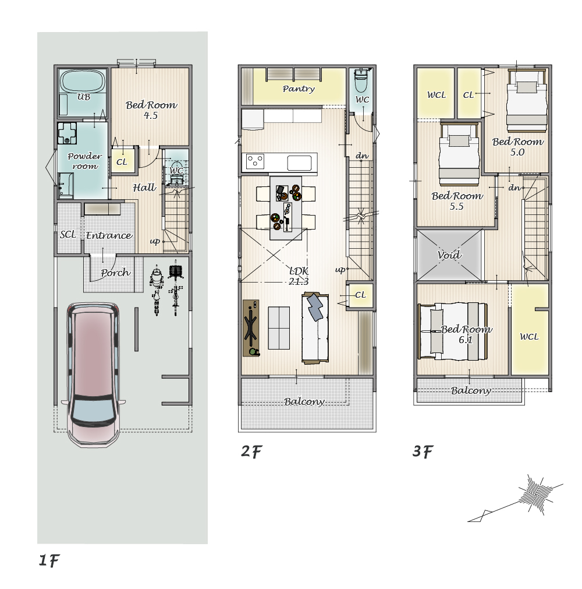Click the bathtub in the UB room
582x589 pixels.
[x=83, y=81]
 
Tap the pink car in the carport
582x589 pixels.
[x=94, y=375]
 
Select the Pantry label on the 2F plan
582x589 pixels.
[x=299, y=89]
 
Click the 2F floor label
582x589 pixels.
[x=251, y=451]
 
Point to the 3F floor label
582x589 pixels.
[x=423, y=451]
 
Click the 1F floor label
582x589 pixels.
[x=49, y=560]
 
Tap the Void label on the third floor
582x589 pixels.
[x=449, y=255]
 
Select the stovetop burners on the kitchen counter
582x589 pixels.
[x=255, y=161]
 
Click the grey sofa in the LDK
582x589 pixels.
[x=315, y=328]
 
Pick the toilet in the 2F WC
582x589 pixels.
[x=361, y=80]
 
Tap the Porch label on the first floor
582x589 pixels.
[x=115, y=273]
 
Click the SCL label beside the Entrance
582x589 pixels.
[x=68, y=234]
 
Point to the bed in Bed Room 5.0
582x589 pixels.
[x=527, y=101]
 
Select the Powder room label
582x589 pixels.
[x=85, y=161]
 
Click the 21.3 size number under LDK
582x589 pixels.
[x=299, y=281]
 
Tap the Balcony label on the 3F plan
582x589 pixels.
[x=471, y=391]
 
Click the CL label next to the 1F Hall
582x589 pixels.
[x=122, y=162]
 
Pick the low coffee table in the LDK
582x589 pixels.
[x=279, y=328]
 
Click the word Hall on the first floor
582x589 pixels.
[x=144, y=188]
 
